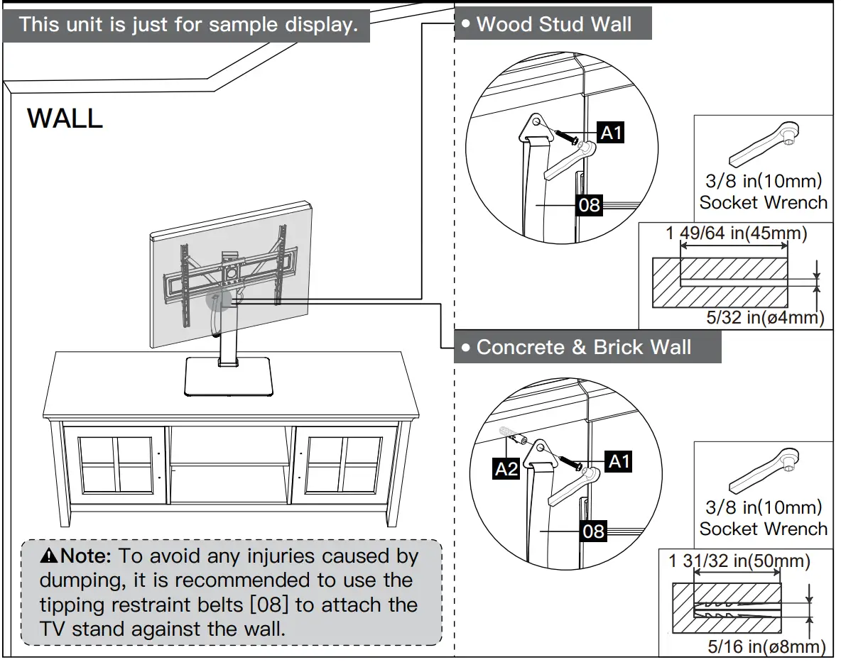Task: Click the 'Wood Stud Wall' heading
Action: pos(553,24)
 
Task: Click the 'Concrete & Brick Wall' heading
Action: pos(583,347)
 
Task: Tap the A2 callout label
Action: pos(506,468)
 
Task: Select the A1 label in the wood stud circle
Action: pos(611,133)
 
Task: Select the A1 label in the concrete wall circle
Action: pos(619,461)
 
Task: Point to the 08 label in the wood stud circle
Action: pos(590,205)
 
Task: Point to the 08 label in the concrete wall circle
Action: pos(593,530)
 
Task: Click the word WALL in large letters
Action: pos(65,118)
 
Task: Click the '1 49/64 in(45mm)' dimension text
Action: pos(736,233)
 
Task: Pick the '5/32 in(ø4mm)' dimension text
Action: pos(766,317)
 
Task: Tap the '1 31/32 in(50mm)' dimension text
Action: pos(739,561)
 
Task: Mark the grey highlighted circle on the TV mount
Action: pos(219,302)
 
